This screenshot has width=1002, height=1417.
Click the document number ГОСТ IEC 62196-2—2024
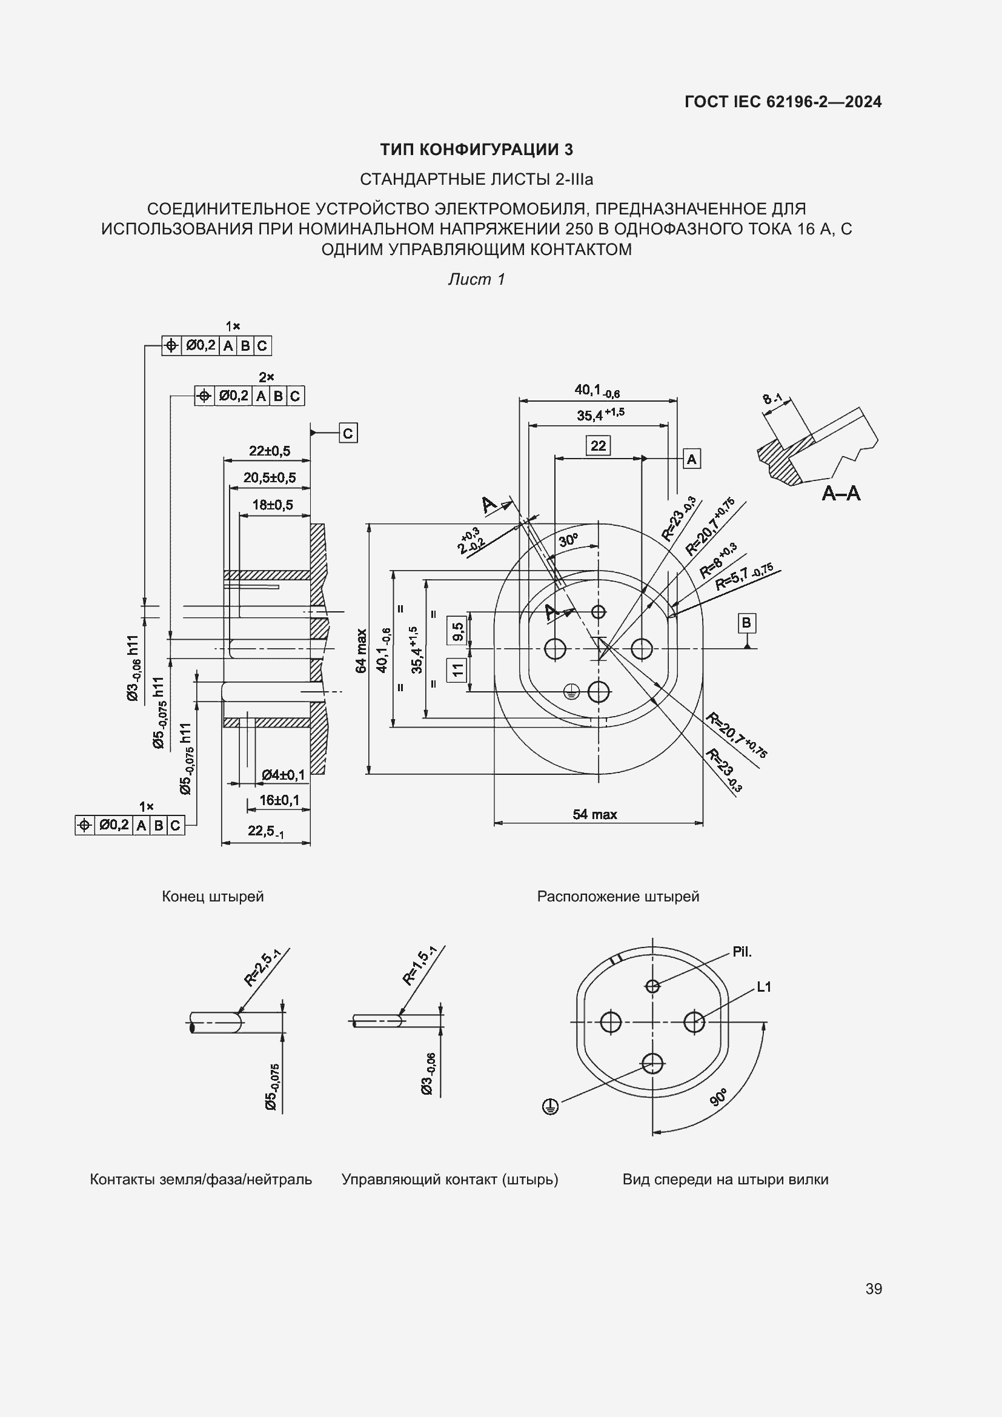tap(782, 102)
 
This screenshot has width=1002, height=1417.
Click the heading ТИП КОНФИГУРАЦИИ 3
tap(476, 150)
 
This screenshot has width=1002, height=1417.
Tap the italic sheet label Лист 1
tap(476, 279)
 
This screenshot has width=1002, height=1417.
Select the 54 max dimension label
tap(594, 815)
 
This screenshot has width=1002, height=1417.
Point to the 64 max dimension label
tap(362, 651)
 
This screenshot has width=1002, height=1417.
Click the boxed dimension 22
tap(598, 446)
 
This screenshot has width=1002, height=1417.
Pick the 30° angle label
tap(568, 540)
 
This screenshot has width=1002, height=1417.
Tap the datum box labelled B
tap(746, 623)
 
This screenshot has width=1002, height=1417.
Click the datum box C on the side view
tap(348, 433)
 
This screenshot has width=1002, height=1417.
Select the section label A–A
tap(841, 493)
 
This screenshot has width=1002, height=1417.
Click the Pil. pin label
tap(742, 952)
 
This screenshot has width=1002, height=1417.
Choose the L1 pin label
tap(764, 987)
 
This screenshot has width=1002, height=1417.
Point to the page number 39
tap(874, 1289)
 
